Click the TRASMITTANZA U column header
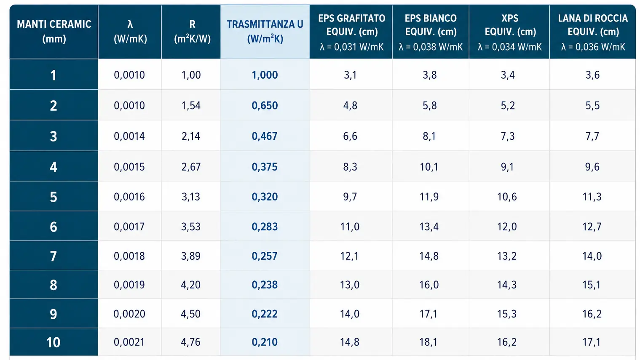tap(265, 32)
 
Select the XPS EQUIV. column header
tap(509, 32)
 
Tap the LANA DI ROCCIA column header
tap(592, 32)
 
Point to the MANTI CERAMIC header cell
tap(54, 32)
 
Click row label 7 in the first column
tap(54, 256)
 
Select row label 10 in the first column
tap(54, 342)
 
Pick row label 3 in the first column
tap(54, 136)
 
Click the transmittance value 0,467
tap(265, 136)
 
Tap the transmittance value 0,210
tap(265, 342)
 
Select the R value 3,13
tap(191, 197)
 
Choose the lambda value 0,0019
tap(129, 285)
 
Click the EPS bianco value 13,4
tap(429, 227)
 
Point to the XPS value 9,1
tap(507, 167)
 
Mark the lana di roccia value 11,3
tap(592, 197)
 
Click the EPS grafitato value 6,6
tap(350, 136)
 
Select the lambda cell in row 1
tap(129, 75)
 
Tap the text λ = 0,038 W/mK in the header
tap(431, 47)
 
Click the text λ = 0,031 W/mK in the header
tap(351, 47)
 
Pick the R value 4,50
tap(191, 314)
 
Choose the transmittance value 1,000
tap(265, 75)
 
